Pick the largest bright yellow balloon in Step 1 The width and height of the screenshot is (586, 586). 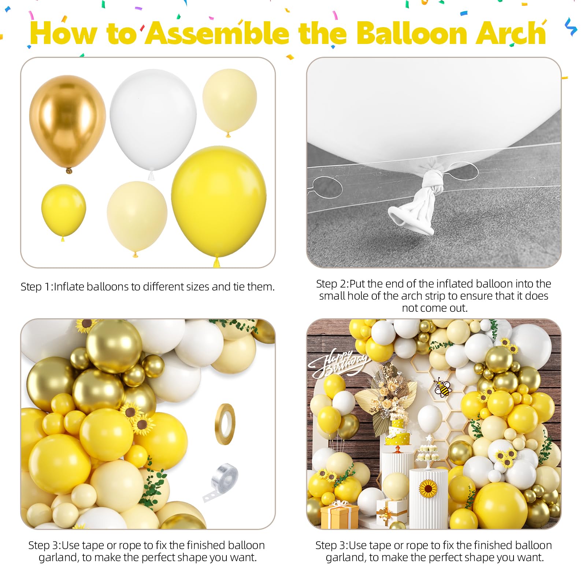[x=219, y=203]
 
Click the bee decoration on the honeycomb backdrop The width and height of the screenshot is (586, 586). [x=442, y=388]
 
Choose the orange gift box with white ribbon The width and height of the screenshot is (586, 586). [x=340, y=514]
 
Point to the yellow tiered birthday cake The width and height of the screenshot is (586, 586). [x=398, y=434]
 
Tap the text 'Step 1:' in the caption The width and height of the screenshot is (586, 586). [x=36, y=286]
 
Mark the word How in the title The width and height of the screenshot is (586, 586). [x=64, y=33]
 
